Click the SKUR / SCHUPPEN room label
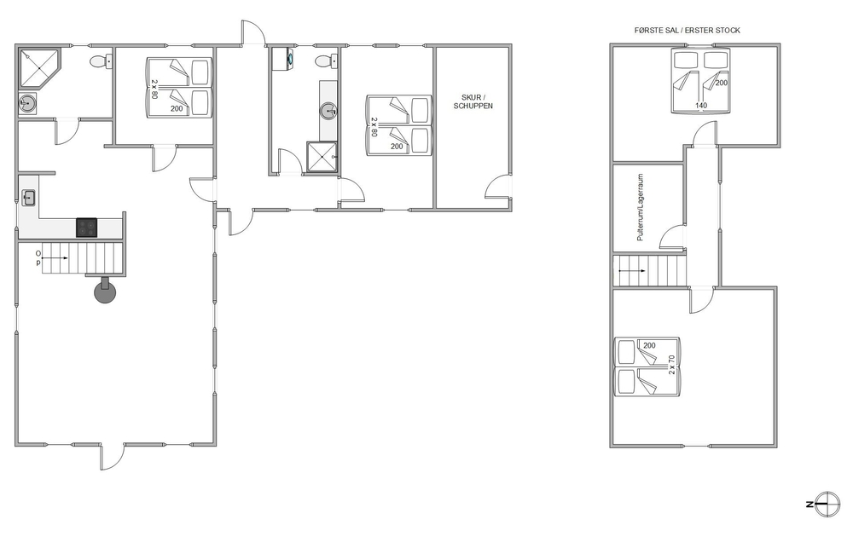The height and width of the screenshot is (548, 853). [473, 101]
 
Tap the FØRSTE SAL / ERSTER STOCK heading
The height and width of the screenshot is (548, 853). [687, 31]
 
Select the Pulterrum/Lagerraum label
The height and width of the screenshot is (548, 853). [641, 207]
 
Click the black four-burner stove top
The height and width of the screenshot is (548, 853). [86, 228]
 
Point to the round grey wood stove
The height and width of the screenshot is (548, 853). [105, 291]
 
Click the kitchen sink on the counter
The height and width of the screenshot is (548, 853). [28, 198]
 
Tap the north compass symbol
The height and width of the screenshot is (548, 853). [825, 505]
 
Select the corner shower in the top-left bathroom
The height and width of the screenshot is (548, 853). [39, 68]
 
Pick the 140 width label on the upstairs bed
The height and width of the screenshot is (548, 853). [701, 106]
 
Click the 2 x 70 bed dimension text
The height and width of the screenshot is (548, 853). [672, 364]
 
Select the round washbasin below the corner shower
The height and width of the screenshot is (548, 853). [27, 103]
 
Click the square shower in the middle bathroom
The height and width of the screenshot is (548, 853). [322, 157]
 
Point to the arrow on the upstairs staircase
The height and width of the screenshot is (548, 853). [632, 271]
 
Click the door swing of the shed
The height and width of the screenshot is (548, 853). [497, 187]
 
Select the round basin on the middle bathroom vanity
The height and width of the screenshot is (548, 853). [328, 112]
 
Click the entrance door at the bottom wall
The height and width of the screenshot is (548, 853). [113, 457]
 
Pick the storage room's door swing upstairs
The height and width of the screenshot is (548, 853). [670, 237]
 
